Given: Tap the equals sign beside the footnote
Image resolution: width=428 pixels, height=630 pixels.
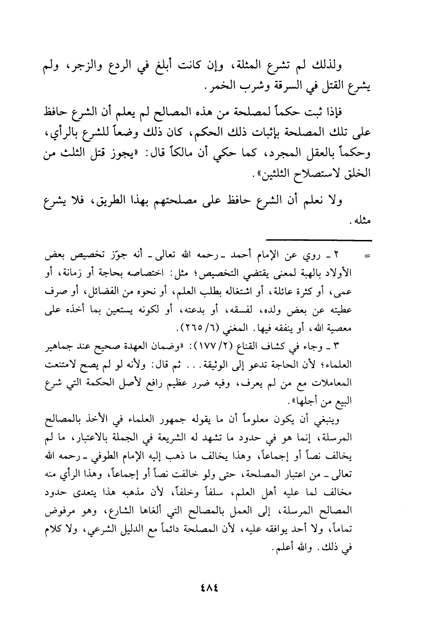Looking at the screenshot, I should [x=366, y=257].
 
